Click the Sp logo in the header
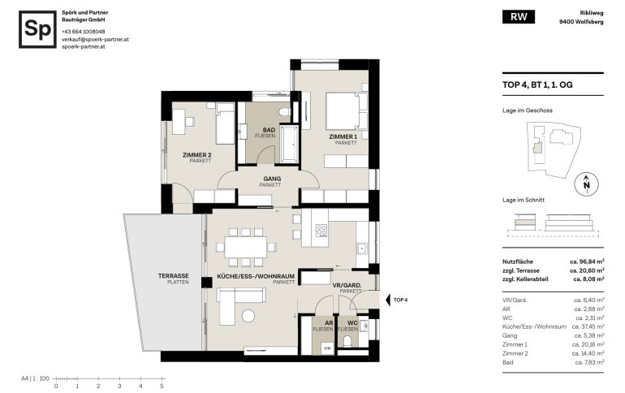click(37, 29)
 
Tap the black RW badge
click(518, 17)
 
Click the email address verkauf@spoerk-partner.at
click(95, 39)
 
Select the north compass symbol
click(586, 184)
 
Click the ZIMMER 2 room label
click(197, 155)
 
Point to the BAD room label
click(269, 130)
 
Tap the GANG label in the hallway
click(272, 179)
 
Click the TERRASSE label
click(174, 276)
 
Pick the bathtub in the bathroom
click(290, 144)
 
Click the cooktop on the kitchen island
click(321, 231)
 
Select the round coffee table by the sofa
click(248, 316)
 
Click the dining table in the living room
click(246, 247)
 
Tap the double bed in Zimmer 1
click(347, 111)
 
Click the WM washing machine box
click(327, 348)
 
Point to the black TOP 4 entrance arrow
click(388, 300)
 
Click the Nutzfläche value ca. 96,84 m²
click(587, 261)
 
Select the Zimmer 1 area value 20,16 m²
click(588, 344)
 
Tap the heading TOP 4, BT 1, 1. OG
click(537, 85)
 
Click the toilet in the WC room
click(347, 341)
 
